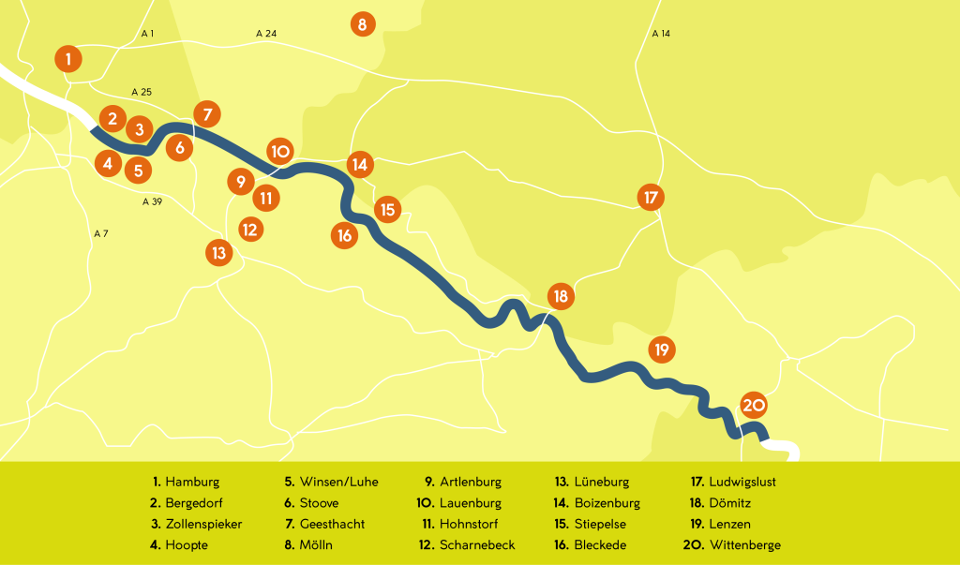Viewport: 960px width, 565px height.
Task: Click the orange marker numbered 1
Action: click(x=68, y=59)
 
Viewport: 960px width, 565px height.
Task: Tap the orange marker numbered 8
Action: click(x=362, y=23)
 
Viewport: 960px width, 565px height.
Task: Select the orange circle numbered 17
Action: click(x=650, y=198)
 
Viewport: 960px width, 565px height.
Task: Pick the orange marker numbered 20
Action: click(x=754, y=405)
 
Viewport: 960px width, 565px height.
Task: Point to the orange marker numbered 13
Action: click(x=218, y=252)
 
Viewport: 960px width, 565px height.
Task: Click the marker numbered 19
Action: click(x=662, y=349)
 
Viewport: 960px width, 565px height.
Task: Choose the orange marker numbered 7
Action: click(x=207, y=114)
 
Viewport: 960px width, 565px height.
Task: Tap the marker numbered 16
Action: click(x=345, y=235)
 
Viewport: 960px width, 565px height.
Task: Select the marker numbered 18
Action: click(x=561, y=296)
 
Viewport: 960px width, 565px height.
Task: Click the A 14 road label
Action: click(x=661, y=34)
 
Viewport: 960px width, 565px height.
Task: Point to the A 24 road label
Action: click(x=266, y=34)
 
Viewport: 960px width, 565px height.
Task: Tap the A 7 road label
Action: click(x=101, y=232)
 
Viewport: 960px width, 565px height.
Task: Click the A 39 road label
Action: click(x=152, y=201)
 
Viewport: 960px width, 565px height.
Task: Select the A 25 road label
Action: click(x=142, y=92)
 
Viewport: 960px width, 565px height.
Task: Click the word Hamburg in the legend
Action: click(x=192, y=483)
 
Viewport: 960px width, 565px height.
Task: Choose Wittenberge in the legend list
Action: click(x=745, y=545)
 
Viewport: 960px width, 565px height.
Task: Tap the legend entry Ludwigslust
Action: click(x=742, y=483)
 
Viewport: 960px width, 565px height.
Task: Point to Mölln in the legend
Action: click(x=316, y=545)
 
